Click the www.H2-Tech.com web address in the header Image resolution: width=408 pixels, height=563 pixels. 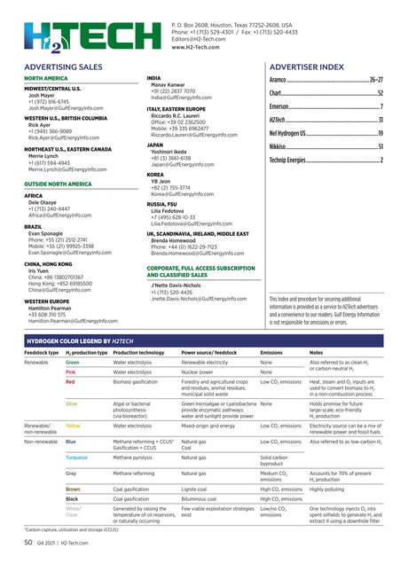[194, 47]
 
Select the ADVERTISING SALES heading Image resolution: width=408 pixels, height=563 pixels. [61, 67]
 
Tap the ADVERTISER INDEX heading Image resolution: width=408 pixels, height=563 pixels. [306, 67]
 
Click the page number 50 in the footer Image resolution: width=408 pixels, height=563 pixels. [27, 541]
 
